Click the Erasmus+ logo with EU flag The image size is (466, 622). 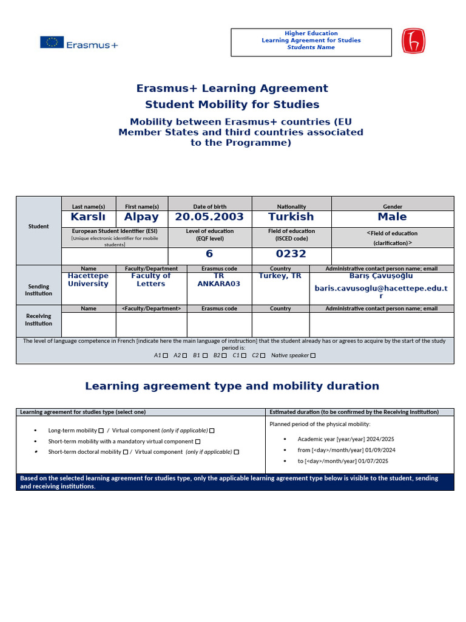pyautogui.click(x=79, y=43)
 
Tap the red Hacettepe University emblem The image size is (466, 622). pyautogui.click(x=414, y=41)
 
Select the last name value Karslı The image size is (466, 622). pyautogui.click(x=89, y=217)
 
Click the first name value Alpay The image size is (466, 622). pyautogui.click(x=141, y=217)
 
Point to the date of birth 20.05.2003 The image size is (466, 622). pyautogui.click(x=209, y=217)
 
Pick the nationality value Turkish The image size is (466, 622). pyautogui.click(x=291, y=217)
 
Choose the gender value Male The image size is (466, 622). pyautogui.click(x=392, y=217)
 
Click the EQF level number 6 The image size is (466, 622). pyautogui.click(x=209, y=254)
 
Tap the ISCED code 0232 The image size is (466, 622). pyautogui.click(x=291, y=254)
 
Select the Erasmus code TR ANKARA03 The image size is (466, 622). pyautogui.click(x=218, y=279)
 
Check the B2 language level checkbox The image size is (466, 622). pyautogui.click(x=224, y=356)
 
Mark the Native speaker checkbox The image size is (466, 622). pyautogui.click(x=313, y=356)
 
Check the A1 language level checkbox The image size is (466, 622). pyautogui.click(x=166, y=356)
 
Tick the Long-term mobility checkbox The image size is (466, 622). pyautogui.click(x=101, y=431)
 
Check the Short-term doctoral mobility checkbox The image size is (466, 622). pyautogui.click(x=125, y=452)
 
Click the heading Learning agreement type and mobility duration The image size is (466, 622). pyautogui.click(x=232, y=386)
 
